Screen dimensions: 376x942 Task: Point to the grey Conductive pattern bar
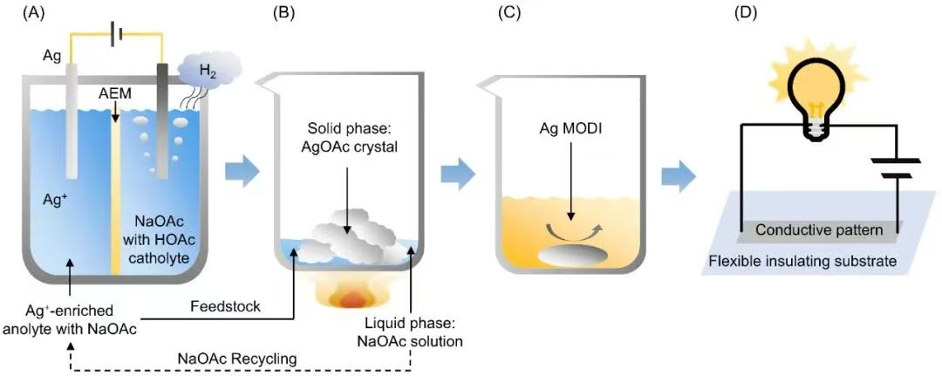click(x=814, y=231)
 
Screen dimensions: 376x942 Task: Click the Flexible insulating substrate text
click(x=802, y=261)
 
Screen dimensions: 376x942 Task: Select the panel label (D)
click(x=746, y=13)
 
